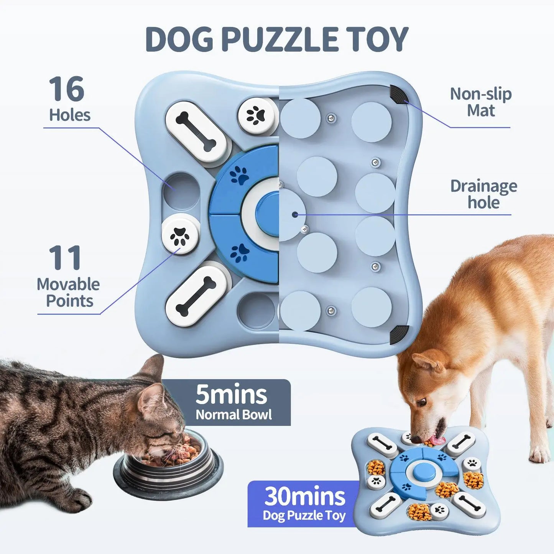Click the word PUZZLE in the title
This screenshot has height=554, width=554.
click(x=279, y=39)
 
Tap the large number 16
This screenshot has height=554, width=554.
click(x=66, y=89)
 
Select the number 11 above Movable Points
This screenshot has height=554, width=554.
click(x=65, y=258)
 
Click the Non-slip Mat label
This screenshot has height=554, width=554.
click(x=480, y=102)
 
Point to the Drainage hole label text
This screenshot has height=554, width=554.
click(x=483, y=194)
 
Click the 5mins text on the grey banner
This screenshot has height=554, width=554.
click(x=231, y=395)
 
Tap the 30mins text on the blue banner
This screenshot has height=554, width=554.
click(x=305, y=496)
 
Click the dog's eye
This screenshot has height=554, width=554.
click(x=421, y=402)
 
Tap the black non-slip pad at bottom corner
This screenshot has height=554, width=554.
click(x=399, y=334)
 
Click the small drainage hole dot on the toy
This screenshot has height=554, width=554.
click(x=294, y=215)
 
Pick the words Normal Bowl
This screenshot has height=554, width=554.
click(x=233, y=414)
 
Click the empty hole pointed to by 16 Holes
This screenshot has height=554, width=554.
click(x=181, y=191)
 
